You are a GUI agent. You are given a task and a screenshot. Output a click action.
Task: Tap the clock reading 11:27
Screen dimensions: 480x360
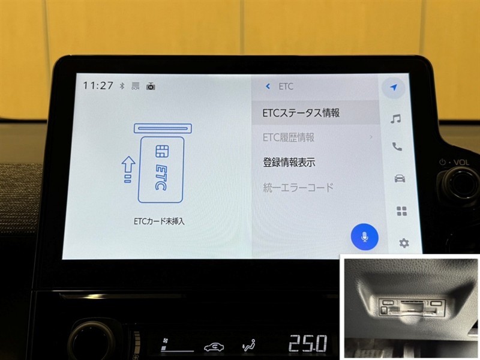coord(98,85)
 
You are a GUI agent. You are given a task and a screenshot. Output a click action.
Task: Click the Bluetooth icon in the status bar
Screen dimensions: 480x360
coord(122,86)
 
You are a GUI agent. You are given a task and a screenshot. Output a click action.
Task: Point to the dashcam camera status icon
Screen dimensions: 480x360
coord(151,86)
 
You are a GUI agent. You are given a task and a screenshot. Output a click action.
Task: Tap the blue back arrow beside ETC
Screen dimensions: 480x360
coord(268,86)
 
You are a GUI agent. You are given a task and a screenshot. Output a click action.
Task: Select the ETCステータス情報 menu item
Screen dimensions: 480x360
coord(301,113)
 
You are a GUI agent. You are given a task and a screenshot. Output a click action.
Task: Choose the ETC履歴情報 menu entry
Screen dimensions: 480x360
coord(289,137)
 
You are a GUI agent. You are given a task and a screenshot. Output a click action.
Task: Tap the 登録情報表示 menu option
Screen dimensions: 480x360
coord(289,162)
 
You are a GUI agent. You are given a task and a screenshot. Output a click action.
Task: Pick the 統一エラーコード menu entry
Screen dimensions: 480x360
coord(298,187)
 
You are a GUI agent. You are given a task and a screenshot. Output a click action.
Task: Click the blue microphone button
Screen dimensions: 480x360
coord(364,237)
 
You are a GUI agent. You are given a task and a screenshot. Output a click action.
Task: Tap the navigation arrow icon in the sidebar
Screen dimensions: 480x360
coord(394,88)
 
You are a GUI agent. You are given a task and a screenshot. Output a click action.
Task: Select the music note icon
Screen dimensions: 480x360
coord(395,118)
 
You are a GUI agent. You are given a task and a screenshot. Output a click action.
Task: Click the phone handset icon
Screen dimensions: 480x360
coord(397,147)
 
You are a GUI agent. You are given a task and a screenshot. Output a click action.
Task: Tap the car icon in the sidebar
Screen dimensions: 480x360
coord(400,178)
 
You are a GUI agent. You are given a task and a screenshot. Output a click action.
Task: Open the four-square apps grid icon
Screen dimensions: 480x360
coord(401,211)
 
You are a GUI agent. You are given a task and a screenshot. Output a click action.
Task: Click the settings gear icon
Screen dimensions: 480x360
coord(404,244)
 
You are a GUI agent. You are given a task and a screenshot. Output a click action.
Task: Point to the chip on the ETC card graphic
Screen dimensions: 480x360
coord(162,151)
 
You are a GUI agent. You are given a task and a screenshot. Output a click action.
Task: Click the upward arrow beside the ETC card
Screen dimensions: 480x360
coord(128,169)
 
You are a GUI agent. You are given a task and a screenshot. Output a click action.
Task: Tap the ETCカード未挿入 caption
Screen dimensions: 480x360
coord(159,221)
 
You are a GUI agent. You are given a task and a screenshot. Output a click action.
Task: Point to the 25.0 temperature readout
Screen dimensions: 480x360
coord(308,343)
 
